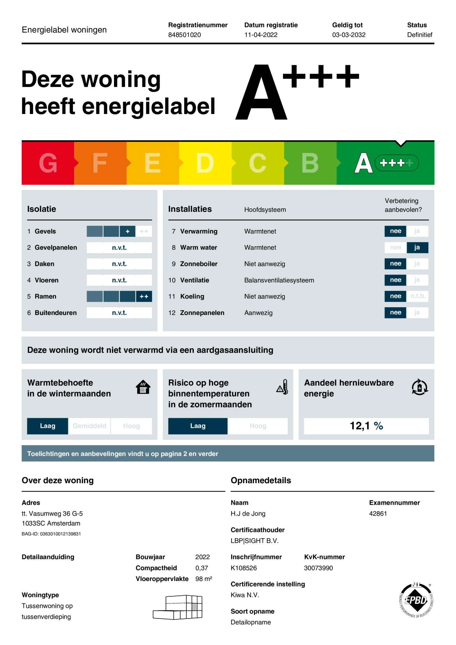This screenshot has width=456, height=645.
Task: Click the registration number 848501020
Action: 184,35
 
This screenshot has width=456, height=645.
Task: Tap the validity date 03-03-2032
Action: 349,35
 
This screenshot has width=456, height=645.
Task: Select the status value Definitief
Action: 420,35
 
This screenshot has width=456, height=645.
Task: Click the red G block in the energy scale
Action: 48,163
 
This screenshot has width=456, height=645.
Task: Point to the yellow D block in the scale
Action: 205,163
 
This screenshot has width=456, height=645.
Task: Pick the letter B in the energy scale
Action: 310,163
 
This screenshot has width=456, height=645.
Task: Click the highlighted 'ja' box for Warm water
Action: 417,247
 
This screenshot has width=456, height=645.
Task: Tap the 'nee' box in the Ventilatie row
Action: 395,280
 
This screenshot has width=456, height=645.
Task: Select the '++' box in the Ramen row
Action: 144,296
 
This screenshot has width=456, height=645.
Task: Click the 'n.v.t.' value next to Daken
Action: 119,264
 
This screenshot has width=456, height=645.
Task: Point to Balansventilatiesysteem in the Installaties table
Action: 279,280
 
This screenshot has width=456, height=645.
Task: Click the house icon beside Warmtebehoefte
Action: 143,387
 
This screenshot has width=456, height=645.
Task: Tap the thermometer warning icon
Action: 282,387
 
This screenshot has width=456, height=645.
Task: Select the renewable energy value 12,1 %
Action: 366,426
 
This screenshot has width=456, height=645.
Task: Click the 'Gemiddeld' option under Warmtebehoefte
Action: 89,426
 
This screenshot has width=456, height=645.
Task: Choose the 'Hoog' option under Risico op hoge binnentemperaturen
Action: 258,426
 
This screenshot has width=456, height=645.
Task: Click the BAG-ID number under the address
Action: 60,534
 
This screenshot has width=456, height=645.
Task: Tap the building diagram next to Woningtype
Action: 178,607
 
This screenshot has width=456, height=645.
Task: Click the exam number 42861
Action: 378,514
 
